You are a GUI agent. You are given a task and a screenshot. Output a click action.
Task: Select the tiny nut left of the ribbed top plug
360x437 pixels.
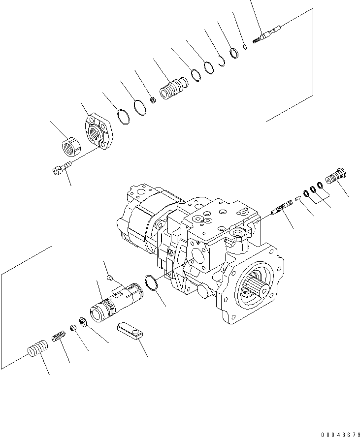tap(153, 100)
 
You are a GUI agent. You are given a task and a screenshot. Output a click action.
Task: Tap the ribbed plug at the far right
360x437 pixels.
tap(337, 176)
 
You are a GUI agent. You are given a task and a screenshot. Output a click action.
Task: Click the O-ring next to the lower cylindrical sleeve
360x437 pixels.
tap(151, 284)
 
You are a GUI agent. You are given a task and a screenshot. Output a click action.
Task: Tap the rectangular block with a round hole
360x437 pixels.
tap(131, 331)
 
